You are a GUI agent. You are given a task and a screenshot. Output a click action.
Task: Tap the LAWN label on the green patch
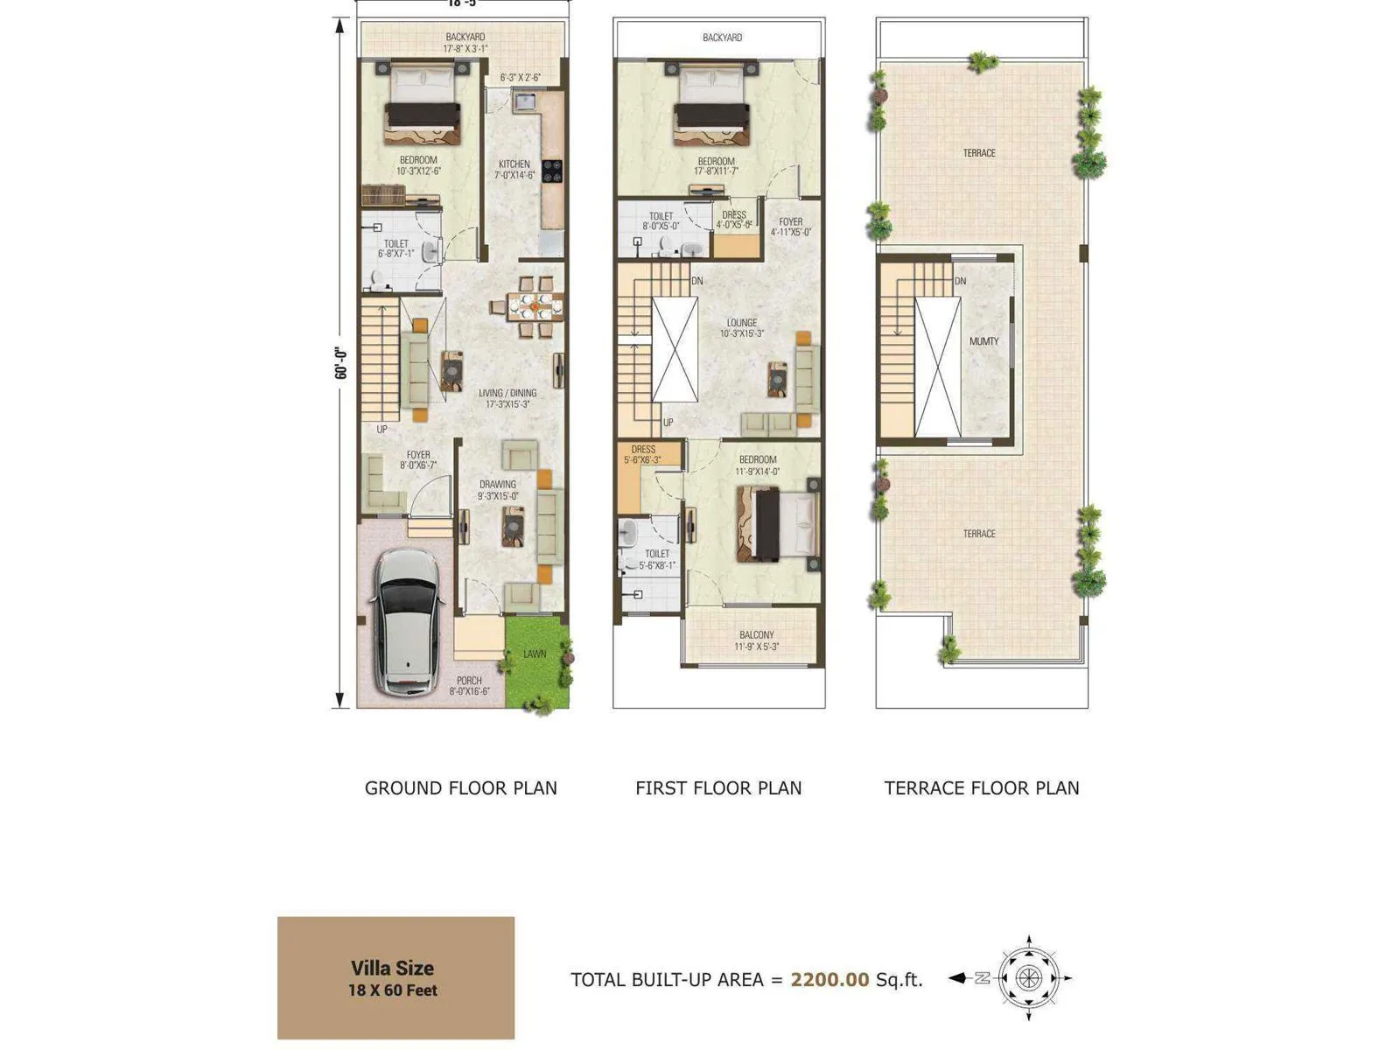point(535,654)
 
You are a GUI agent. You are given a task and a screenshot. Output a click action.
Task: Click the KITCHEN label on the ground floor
point(514,164)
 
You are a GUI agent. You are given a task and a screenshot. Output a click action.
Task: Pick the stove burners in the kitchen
point(551,171)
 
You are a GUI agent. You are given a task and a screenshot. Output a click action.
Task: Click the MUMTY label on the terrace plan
point(983,341)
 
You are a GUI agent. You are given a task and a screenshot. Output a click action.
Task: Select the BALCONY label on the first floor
point(756,635)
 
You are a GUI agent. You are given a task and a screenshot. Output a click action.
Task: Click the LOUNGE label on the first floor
point(741,323)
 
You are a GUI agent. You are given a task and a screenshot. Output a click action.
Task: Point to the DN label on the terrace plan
point(960,281)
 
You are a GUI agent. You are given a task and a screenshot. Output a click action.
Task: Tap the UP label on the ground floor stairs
point(381,430)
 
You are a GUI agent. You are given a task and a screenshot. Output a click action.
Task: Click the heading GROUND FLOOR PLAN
point(460,787)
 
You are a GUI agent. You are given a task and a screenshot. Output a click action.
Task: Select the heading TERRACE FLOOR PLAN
point(981,787)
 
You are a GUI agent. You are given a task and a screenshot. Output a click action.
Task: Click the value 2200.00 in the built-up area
point(829,979)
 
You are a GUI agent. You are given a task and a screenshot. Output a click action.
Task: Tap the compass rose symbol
point(1028,978)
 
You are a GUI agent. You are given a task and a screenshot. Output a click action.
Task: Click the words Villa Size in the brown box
point(392,968)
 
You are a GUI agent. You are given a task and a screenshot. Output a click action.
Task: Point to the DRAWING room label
point(497,484)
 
